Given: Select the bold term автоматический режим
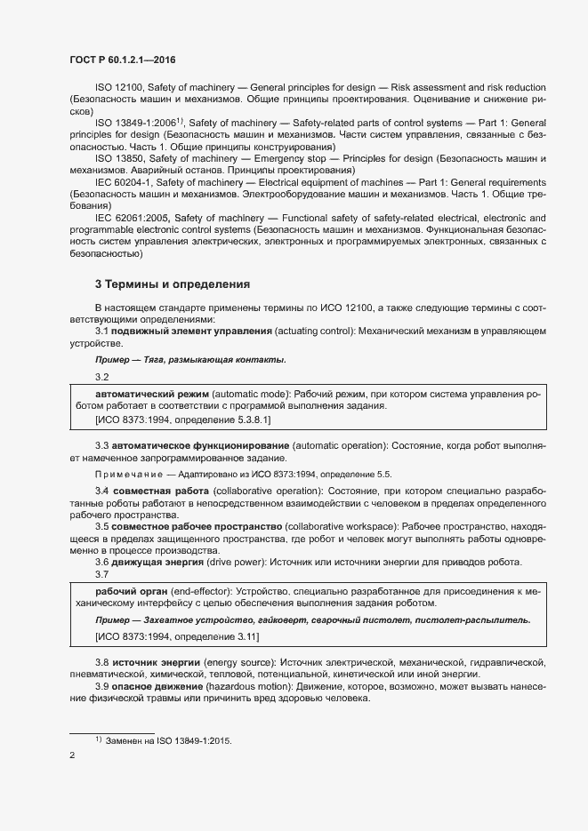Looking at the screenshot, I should [152, 393].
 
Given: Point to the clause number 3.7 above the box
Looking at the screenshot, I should [102, 573].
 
